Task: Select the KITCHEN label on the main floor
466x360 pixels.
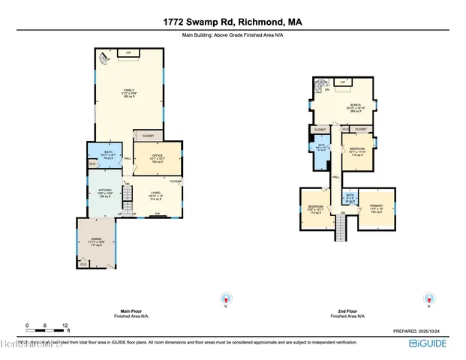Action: pos(104,190)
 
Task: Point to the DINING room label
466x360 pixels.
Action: pos(97,240)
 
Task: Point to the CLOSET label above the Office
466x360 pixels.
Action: pos(148,136)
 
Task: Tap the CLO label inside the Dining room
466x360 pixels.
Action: pos(83,263)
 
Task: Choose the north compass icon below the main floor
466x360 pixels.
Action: pos(223,297)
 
